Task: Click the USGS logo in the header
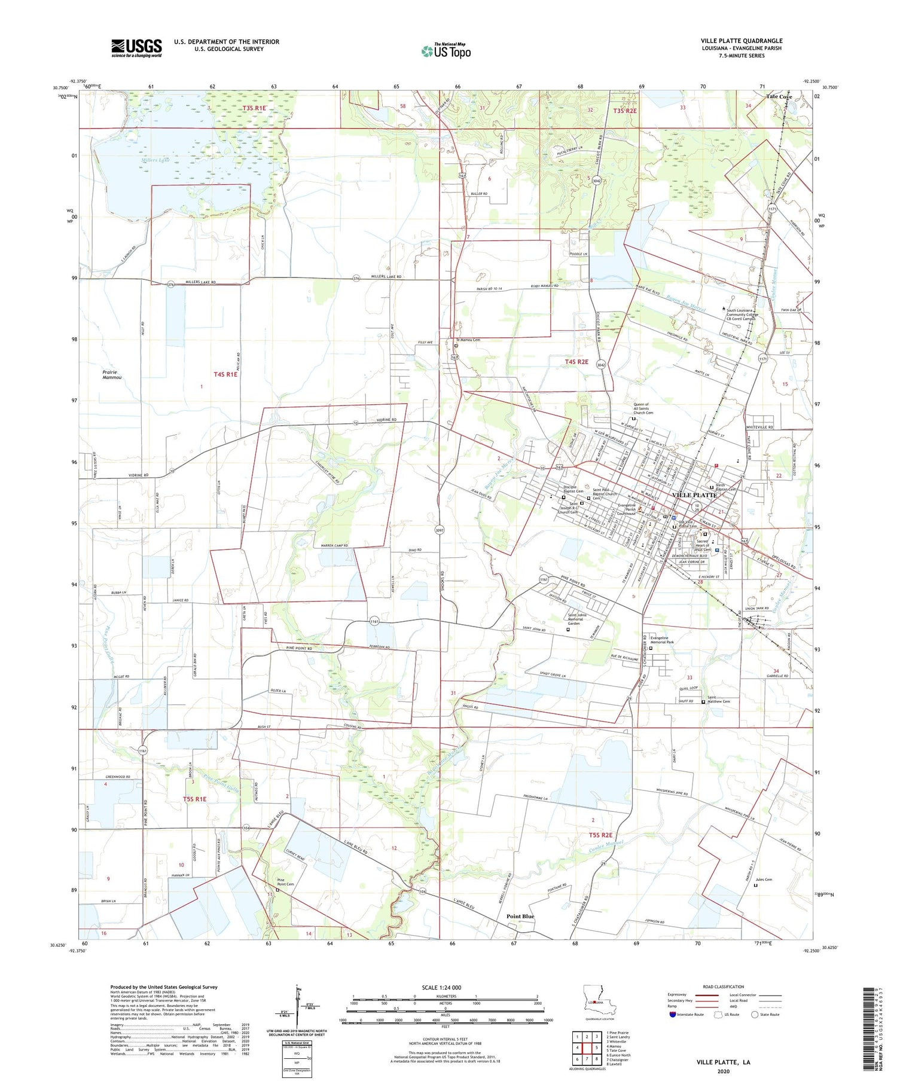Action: [x=136, y=48]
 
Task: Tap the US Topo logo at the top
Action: [x=446, y=51]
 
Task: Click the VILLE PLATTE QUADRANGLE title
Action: [x=742, y=41]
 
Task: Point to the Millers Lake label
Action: [x=155, y=160]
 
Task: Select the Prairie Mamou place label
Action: [x=112, y=374]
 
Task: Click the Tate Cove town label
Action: [x=779, y=96]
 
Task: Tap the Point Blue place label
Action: [x=520, y=916]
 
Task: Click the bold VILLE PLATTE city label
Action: [x=694, y=495]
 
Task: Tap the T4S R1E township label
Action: [x=225, y=374]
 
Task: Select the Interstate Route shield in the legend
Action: [x=673, y=1015]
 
